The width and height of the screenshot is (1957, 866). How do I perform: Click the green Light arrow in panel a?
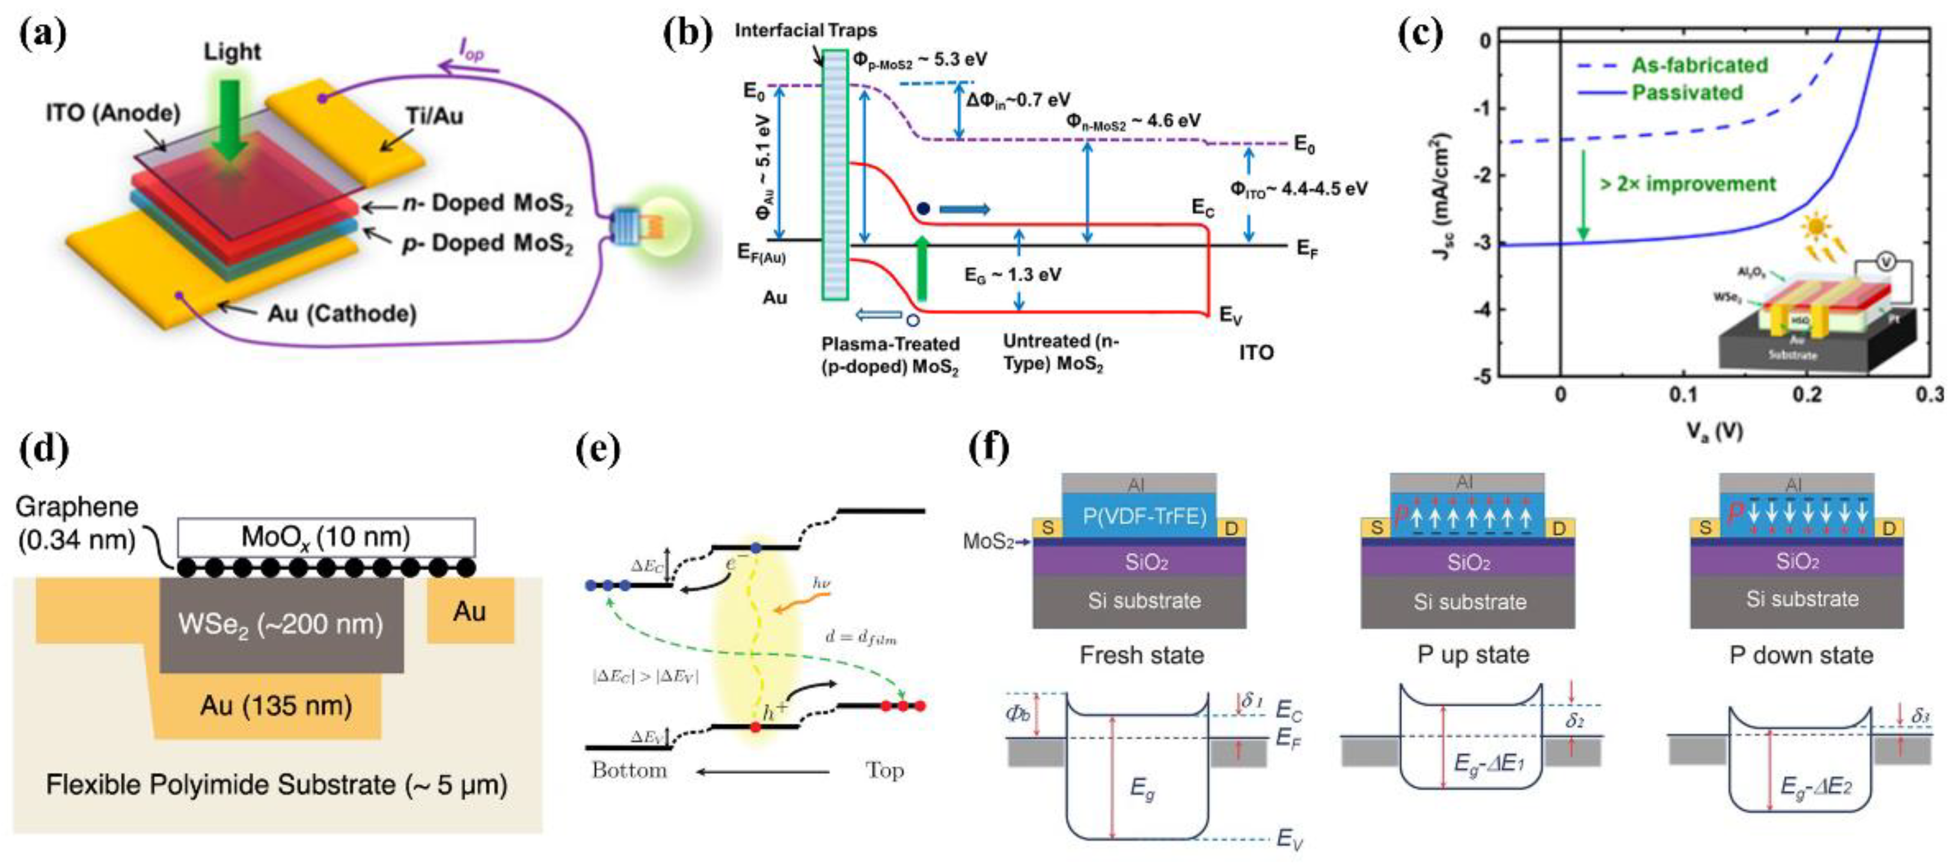228,121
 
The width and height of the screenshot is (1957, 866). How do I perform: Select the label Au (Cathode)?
342,313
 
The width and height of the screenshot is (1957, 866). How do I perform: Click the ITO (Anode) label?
112,113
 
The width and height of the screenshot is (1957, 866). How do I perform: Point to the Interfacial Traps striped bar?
835,175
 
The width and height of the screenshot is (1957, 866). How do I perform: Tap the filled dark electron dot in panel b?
923,207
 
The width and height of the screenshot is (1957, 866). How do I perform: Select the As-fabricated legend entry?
1698,66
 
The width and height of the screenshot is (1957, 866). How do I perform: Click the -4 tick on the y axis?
1481,309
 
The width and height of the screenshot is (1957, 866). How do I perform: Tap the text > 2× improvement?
1687,184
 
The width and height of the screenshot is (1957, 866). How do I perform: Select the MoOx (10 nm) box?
326,537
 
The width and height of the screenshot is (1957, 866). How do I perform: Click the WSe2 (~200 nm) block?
281,624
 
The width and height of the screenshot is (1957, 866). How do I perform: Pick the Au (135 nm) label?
276,705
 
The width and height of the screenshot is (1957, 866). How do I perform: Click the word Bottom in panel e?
629,770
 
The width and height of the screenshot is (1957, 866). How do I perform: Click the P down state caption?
1801,655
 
